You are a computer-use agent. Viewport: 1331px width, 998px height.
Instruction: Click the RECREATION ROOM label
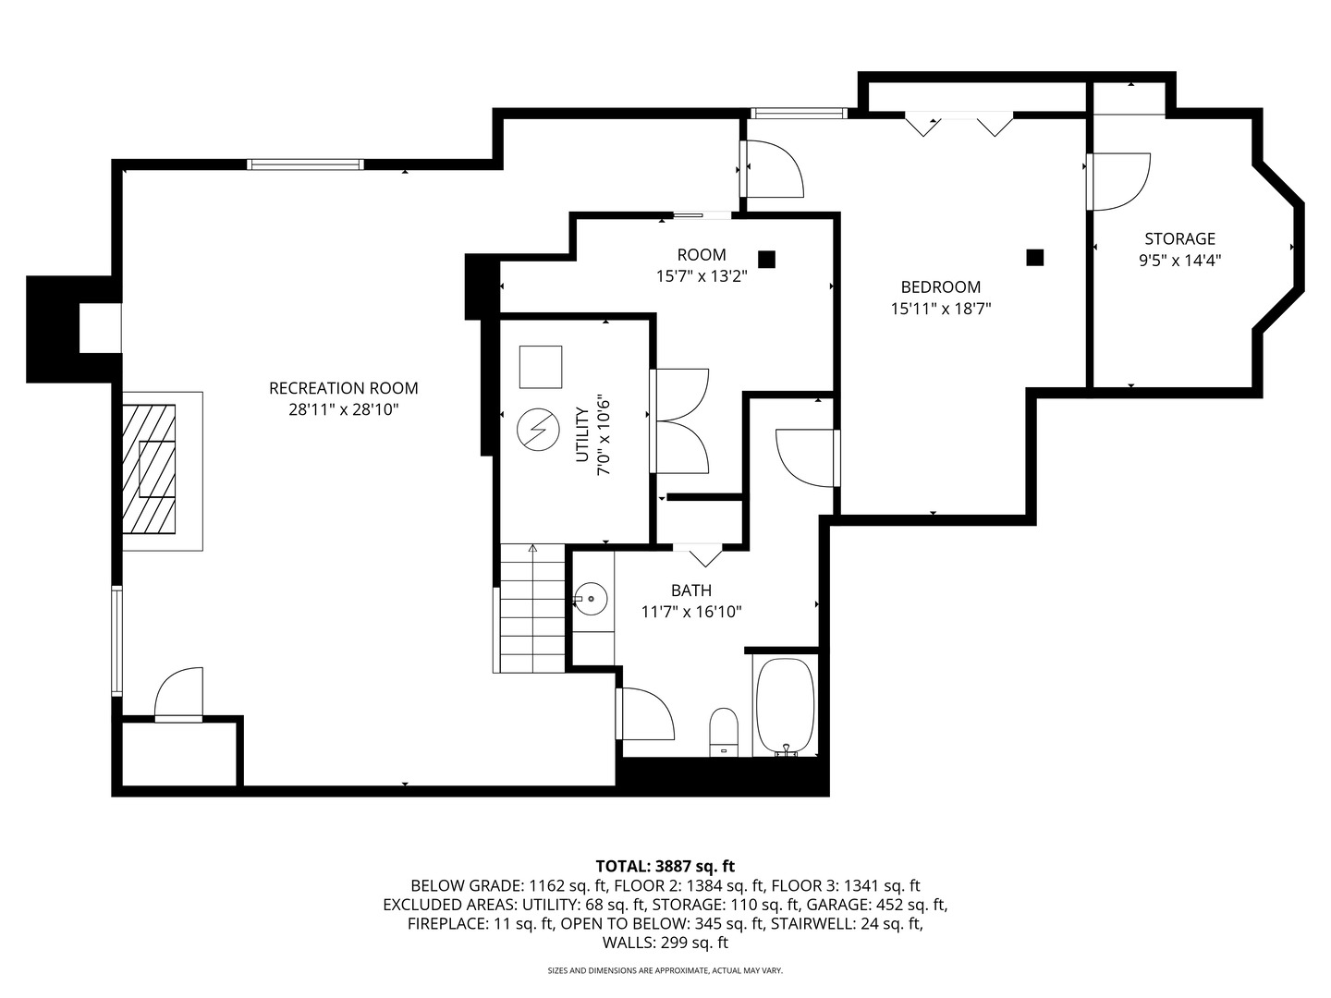[343, 388]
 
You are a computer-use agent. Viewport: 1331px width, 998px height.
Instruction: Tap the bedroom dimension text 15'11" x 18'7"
[941, 309]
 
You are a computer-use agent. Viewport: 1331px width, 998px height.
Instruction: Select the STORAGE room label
[1180, 238]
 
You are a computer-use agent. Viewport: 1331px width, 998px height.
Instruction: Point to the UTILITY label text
[582, 434]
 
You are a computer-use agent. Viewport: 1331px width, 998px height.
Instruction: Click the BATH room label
[691, 590]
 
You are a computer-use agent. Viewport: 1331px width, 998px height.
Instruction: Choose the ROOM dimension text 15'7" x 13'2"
[702, 276]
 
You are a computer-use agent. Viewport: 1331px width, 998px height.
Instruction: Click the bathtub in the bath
[786, 707]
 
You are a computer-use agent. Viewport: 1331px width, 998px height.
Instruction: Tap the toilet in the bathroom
[724, 731]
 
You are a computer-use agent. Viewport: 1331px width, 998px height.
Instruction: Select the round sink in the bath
[591, 599]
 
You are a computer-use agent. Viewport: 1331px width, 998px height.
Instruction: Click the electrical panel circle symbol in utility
[538, 430]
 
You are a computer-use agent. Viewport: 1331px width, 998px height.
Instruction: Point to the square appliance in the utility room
[541, 367]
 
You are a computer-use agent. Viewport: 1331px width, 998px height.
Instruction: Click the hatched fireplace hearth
[149, 469]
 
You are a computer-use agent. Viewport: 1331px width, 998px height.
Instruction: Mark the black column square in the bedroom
[1035, 258]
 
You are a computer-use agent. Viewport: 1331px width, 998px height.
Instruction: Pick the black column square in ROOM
[767, 260]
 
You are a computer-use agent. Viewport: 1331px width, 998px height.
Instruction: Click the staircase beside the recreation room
[532, 608]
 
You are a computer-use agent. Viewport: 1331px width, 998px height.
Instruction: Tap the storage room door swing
[1118, 182]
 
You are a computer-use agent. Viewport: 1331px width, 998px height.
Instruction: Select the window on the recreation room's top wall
[305, 164]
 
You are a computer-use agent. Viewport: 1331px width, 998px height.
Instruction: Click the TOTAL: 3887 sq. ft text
[665, 866]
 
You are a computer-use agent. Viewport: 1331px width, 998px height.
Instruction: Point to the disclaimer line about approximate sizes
[665, 970]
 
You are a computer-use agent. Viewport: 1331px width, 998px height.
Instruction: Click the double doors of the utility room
[679, 420]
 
